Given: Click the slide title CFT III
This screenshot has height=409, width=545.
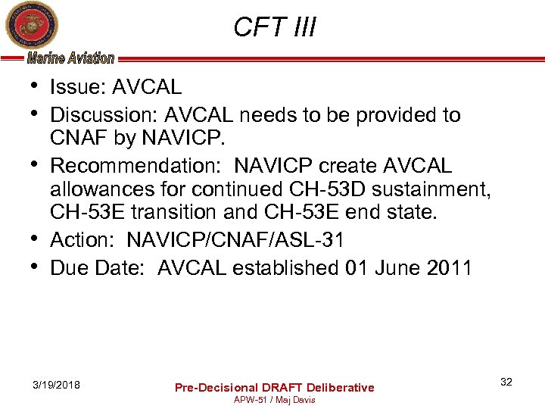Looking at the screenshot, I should pyautogui.click(x=274, y=27).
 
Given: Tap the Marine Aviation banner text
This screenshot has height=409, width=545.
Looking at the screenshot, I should pyautogui.click(x=70, y=58).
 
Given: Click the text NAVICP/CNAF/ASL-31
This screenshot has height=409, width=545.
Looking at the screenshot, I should pyautogui.click(x=235, y=240).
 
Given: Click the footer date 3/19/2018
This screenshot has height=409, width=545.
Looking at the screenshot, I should pyautogui.click(x=57, y=385).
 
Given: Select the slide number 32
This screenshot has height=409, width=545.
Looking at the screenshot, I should pyautogui.click(x=506, y=382).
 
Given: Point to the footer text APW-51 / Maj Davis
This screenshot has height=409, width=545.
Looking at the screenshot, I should pyautogui.click(x=275, y=399).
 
